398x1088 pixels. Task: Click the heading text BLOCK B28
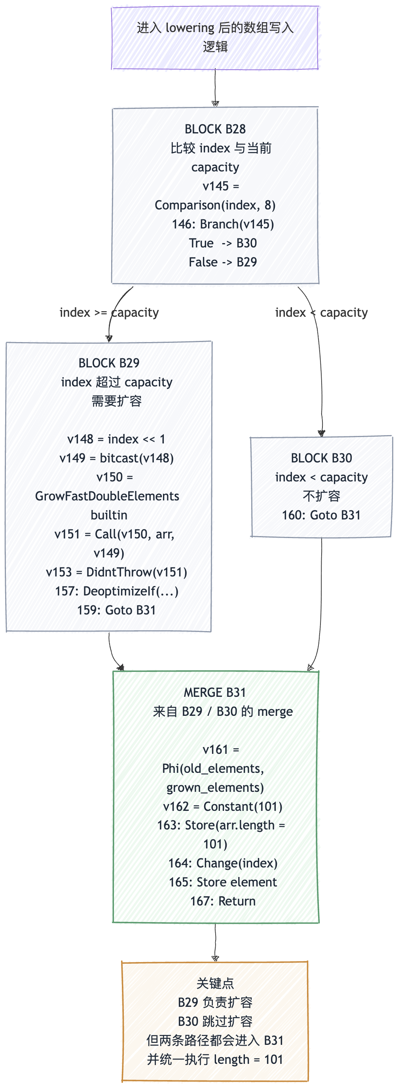pos(215,129)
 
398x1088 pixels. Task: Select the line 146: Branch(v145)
pos(223,224)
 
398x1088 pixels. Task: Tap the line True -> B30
pos(223,243)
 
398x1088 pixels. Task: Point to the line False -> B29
pos(223,262)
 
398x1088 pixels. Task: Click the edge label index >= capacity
pos(109,312)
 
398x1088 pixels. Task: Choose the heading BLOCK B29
pos(109,363)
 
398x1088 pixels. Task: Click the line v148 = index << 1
pos(116,439)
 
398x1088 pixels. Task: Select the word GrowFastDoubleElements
pos(107,496)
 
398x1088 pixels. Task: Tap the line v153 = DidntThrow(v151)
pos(116,572)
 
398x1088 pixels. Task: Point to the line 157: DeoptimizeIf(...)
pos(116,591)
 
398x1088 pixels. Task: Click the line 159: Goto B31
pos(116,610)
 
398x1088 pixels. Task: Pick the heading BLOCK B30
pos(321,458)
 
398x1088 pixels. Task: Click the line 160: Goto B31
pos(321,515)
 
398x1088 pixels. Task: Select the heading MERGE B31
pos(215,692)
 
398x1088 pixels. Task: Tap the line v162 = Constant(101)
pos(223,806)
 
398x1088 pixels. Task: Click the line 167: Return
pos(223,901)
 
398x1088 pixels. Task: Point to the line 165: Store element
pos(223,882)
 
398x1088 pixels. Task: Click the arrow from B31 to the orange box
pos(215,942)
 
